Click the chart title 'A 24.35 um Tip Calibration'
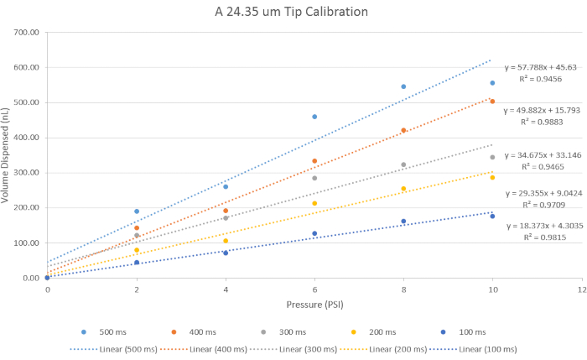click(288, 13)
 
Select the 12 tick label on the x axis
click(580, 289)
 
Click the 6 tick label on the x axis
click(314, 289)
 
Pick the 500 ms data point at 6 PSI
click(314, 117)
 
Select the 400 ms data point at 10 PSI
click(492, 102)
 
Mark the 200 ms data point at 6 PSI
click(314, 203)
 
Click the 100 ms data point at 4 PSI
click(226, 253)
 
